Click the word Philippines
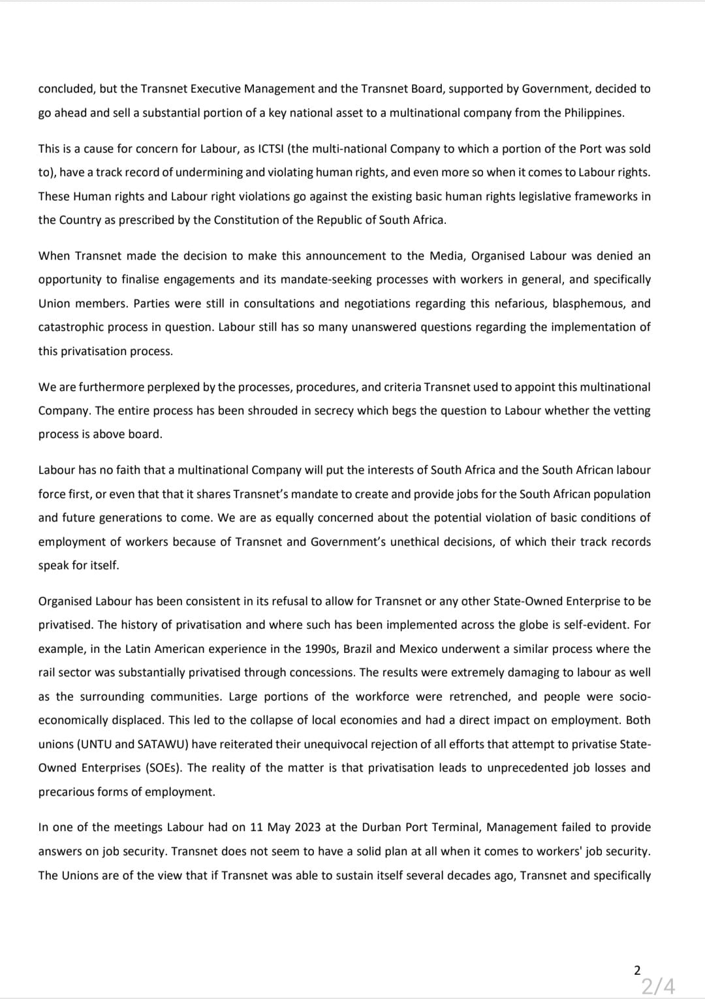[593, 113]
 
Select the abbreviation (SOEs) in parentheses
[166, 768]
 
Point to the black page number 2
[637, 970]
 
